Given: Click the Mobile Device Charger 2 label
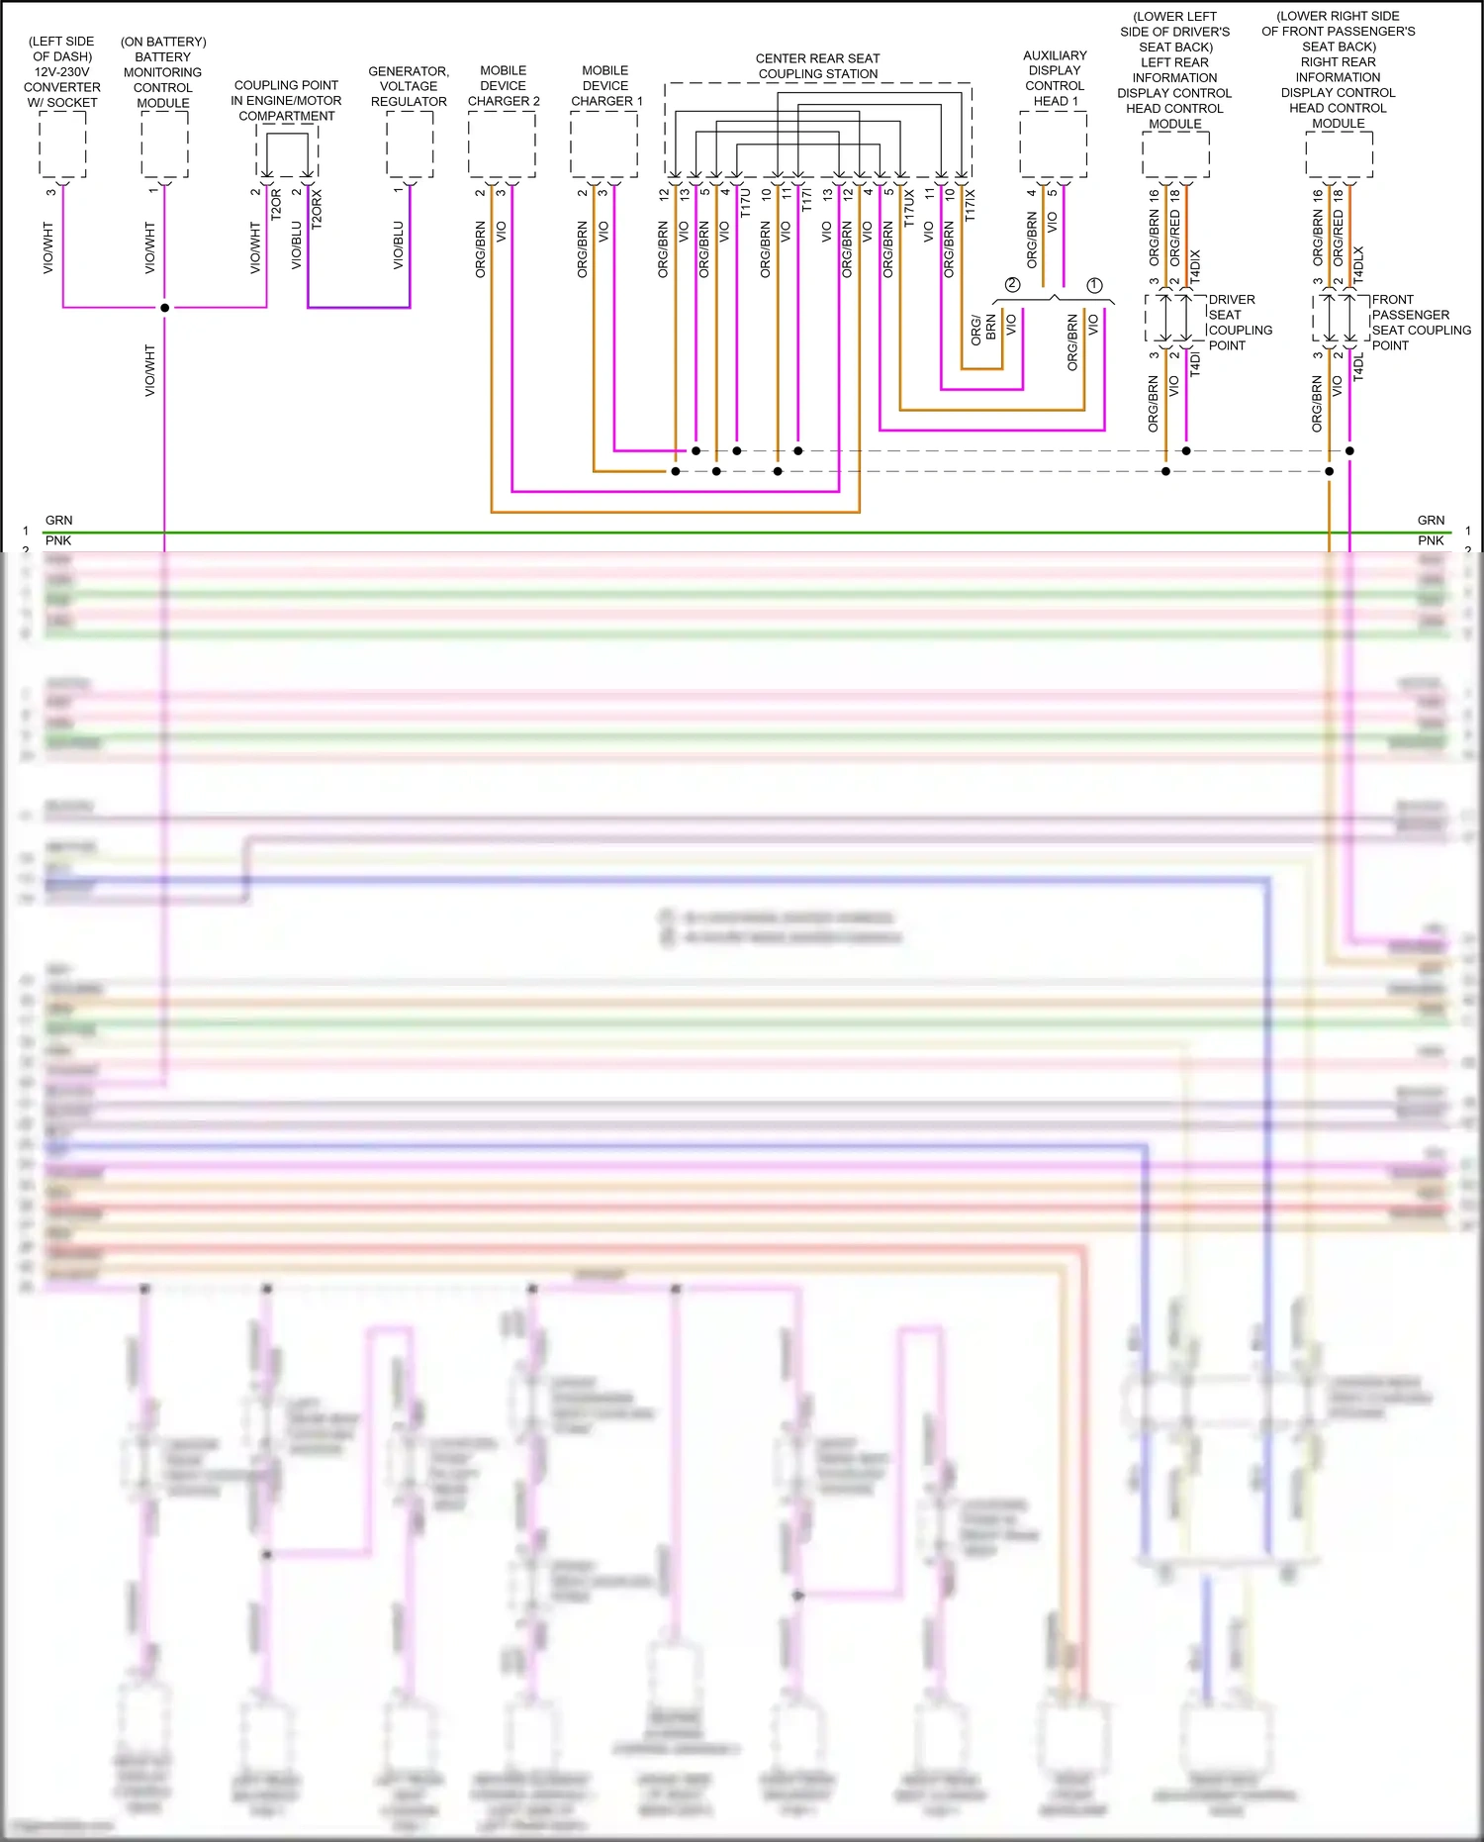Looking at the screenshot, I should click(x=504, y=86).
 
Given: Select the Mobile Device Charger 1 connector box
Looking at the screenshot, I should click(x=603, y=145).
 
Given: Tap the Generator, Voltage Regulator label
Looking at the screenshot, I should click(x=409, y=86).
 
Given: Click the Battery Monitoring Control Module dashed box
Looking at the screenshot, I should click(x=164, y=145).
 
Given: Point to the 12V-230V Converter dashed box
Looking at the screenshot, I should click(x=62, y=145).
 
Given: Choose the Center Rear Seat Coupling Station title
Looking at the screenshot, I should click(x=817, y=66).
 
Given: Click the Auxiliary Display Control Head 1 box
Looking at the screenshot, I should click(x=1053, y=145).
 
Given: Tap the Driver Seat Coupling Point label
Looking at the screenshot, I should click(x=1240, y=323).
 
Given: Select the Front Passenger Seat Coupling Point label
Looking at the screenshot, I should click(x=1421, y=323).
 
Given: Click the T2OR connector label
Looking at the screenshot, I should click(x=277, y=204).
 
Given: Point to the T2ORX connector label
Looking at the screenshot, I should click(x=318, y=210).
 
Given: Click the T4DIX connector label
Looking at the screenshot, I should click(x=1195, y=267).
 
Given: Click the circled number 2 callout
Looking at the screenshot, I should click(x=1012, y=285).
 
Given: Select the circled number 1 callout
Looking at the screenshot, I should click(x=1094, y=285).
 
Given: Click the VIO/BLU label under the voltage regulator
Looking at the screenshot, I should click(x=399, y=244).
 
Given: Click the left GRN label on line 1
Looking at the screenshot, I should click(x=58, y=521).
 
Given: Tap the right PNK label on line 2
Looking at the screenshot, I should click(x=1431, y=540).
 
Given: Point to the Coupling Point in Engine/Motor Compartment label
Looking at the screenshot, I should click(x=286, y=101).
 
